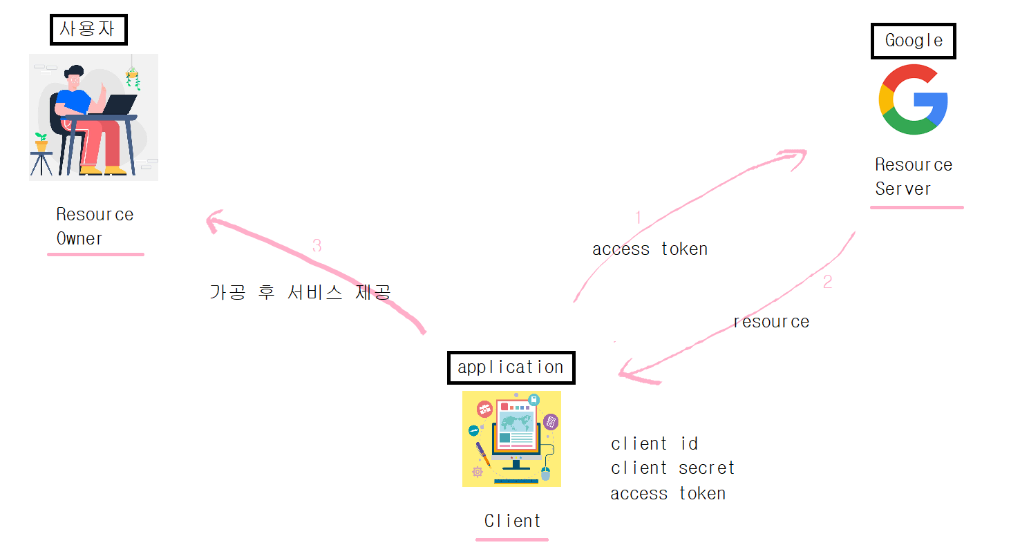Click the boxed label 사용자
tap(89, 30)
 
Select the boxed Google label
tap(913, 41)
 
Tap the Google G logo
tap(913, 99)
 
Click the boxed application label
tap(511, 367)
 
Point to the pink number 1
tap(638, 218)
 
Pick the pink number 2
tap(827, 282)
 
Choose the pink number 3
tap(317, 245)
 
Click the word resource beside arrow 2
tap(771, 322)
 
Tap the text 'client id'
tap(654, 443)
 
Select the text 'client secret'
tap(672, 468)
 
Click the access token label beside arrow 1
tap(650, 249)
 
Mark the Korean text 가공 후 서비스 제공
tap(301, 292)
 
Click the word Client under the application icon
tap(512, 521)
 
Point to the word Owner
tap(79, 239)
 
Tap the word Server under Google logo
tap(903, 189)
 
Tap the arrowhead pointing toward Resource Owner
tap(213, 220)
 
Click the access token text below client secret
tap(668, 494)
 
